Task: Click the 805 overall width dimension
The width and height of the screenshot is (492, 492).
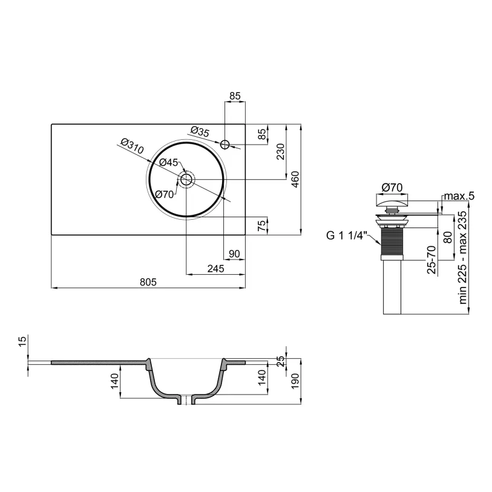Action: (148, 282)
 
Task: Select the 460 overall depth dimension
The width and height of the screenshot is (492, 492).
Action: (295, 180)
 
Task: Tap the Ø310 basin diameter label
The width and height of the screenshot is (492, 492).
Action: (133, 146)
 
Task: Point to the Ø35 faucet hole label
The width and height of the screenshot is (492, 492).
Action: (200, 131)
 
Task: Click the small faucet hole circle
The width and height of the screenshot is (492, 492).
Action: (225, 145)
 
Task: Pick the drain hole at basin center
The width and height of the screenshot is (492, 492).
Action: (186, 180)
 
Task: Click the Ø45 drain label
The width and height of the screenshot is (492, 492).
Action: (168, 163)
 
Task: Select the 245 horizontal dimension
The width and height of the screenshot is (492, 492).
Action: (216, 269)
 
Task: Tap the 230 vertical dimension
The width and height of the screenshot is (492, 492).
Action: (281, 151)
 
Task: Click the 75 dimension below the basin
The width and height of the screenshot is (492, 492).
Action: (261, 226)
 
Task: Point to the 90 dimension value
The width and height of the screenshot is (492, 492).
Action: (234, 254)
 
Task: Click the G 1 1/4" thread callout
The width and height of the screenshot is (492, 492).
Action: (346, 235)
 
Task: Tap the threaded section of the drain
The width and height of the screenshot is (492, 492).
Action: (392, 241)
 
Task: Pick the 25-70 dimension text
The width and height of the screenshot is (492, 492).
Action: (431, 260)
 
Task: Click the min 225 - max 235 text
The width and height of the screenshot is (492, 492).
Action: (463, 257)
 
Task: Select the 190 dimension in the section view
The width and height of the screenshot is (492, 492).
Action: (295, 381)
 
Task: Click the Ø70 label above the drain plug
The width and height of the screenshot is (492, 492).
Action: (392, 188)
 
